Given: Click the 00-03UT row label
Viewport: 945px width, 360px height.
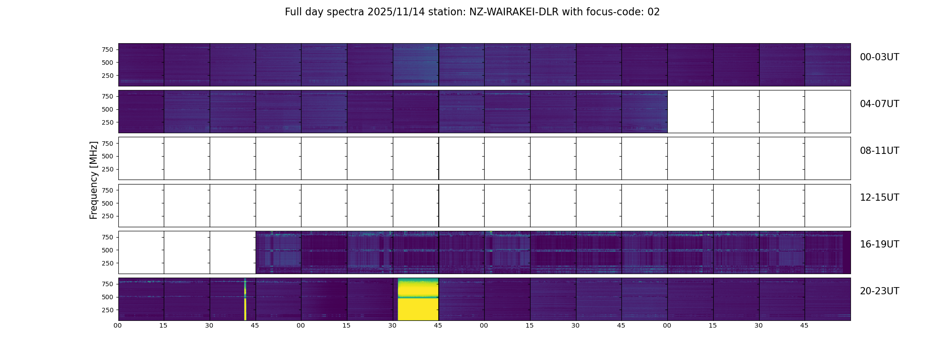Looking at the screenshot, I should (x=879, y=57).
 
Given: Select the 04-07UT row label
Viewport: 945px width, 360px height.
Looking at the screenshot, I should (x=879, y=104).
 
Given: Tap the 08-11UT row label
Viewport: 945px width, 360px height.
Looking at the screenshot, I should (x=879, y=151).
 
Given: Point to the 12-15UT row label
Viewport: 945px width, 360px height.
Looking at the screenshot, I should (x=879, y=198).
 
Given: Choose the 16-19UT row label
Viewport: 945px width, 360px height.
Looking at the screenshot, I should (x=879, y=244).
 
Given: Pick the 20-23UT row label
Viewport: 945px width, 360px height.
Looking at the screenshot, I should (x=879, y=291).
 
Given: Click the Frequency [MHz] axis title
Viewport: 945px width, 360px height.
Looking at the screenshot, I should (x=94, y=180).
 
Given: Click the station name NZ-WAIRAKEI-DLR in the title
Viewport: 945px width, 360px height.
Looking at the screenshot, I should (x=513, y=12).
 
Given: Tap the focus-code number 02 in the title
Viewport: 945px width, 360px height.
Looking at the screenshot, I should (x=653, y=12).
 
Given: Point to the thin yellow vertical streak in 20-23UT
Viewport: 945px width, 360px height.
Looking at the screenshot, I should (x=245, y=299).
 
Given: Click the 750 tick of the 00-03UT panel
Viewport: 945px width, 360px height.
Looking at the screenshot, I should (x=108, y=49).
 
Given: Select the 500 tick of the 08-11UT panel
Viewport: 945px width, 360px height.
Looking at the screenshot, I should (x=108, y=157).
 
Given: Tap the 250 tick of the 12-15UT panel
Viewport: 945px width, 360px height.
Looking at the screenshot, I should (x=108, y=216).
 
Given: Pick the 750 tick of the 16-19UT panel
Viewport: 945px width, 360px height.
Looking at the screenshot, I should (x=108, y=237).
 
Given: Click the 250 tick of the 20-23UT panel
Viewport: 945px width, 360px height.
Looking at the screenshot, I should (x=108, y=310).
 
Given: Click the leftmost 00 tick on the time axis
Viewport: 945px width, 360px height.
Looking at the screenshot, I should (x=118, y=325).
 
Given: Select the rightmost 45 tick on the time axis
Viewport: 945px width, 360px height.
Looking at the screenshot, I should (x=804, y=325).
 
